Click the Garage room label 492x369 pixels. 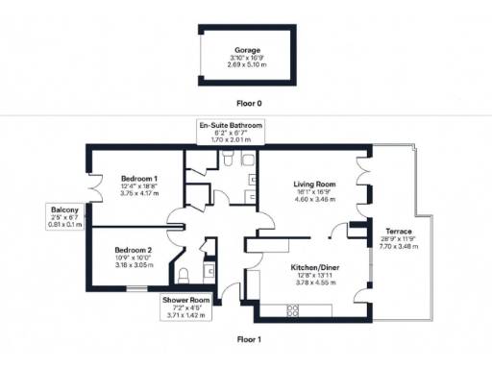pos(248,50)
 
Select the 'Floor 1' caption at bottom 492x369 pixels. pos(248,338)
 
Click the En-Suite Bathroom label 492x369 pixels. pos(230,126)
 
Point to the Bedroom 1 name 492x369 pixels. pos(139,180)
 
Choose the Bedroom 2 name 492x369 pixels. pos(134,250)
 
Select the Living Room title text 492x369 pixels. pos(313,184)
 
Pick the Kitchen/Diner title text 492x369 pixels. pos(313,269)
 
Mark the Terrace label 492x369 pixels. pos(398,232)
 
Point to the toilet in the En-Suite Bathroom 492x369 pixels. pos(244,161)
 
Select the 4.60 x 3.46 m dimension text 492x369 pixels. pos(313,199)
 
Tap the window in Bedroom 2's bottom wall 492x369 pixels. pos(135,285)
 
